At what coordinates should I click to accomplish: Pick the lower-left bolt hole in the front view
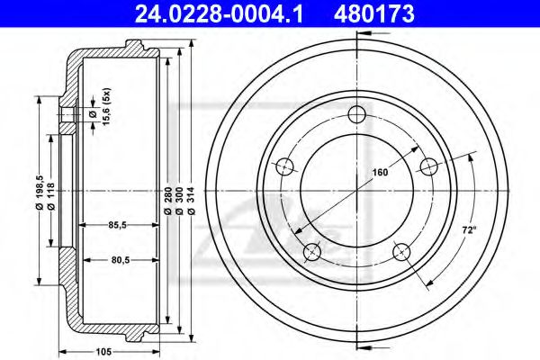tap(313, 249)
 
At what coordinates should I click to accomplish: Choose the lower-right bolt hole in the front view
tap(401, 249)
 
